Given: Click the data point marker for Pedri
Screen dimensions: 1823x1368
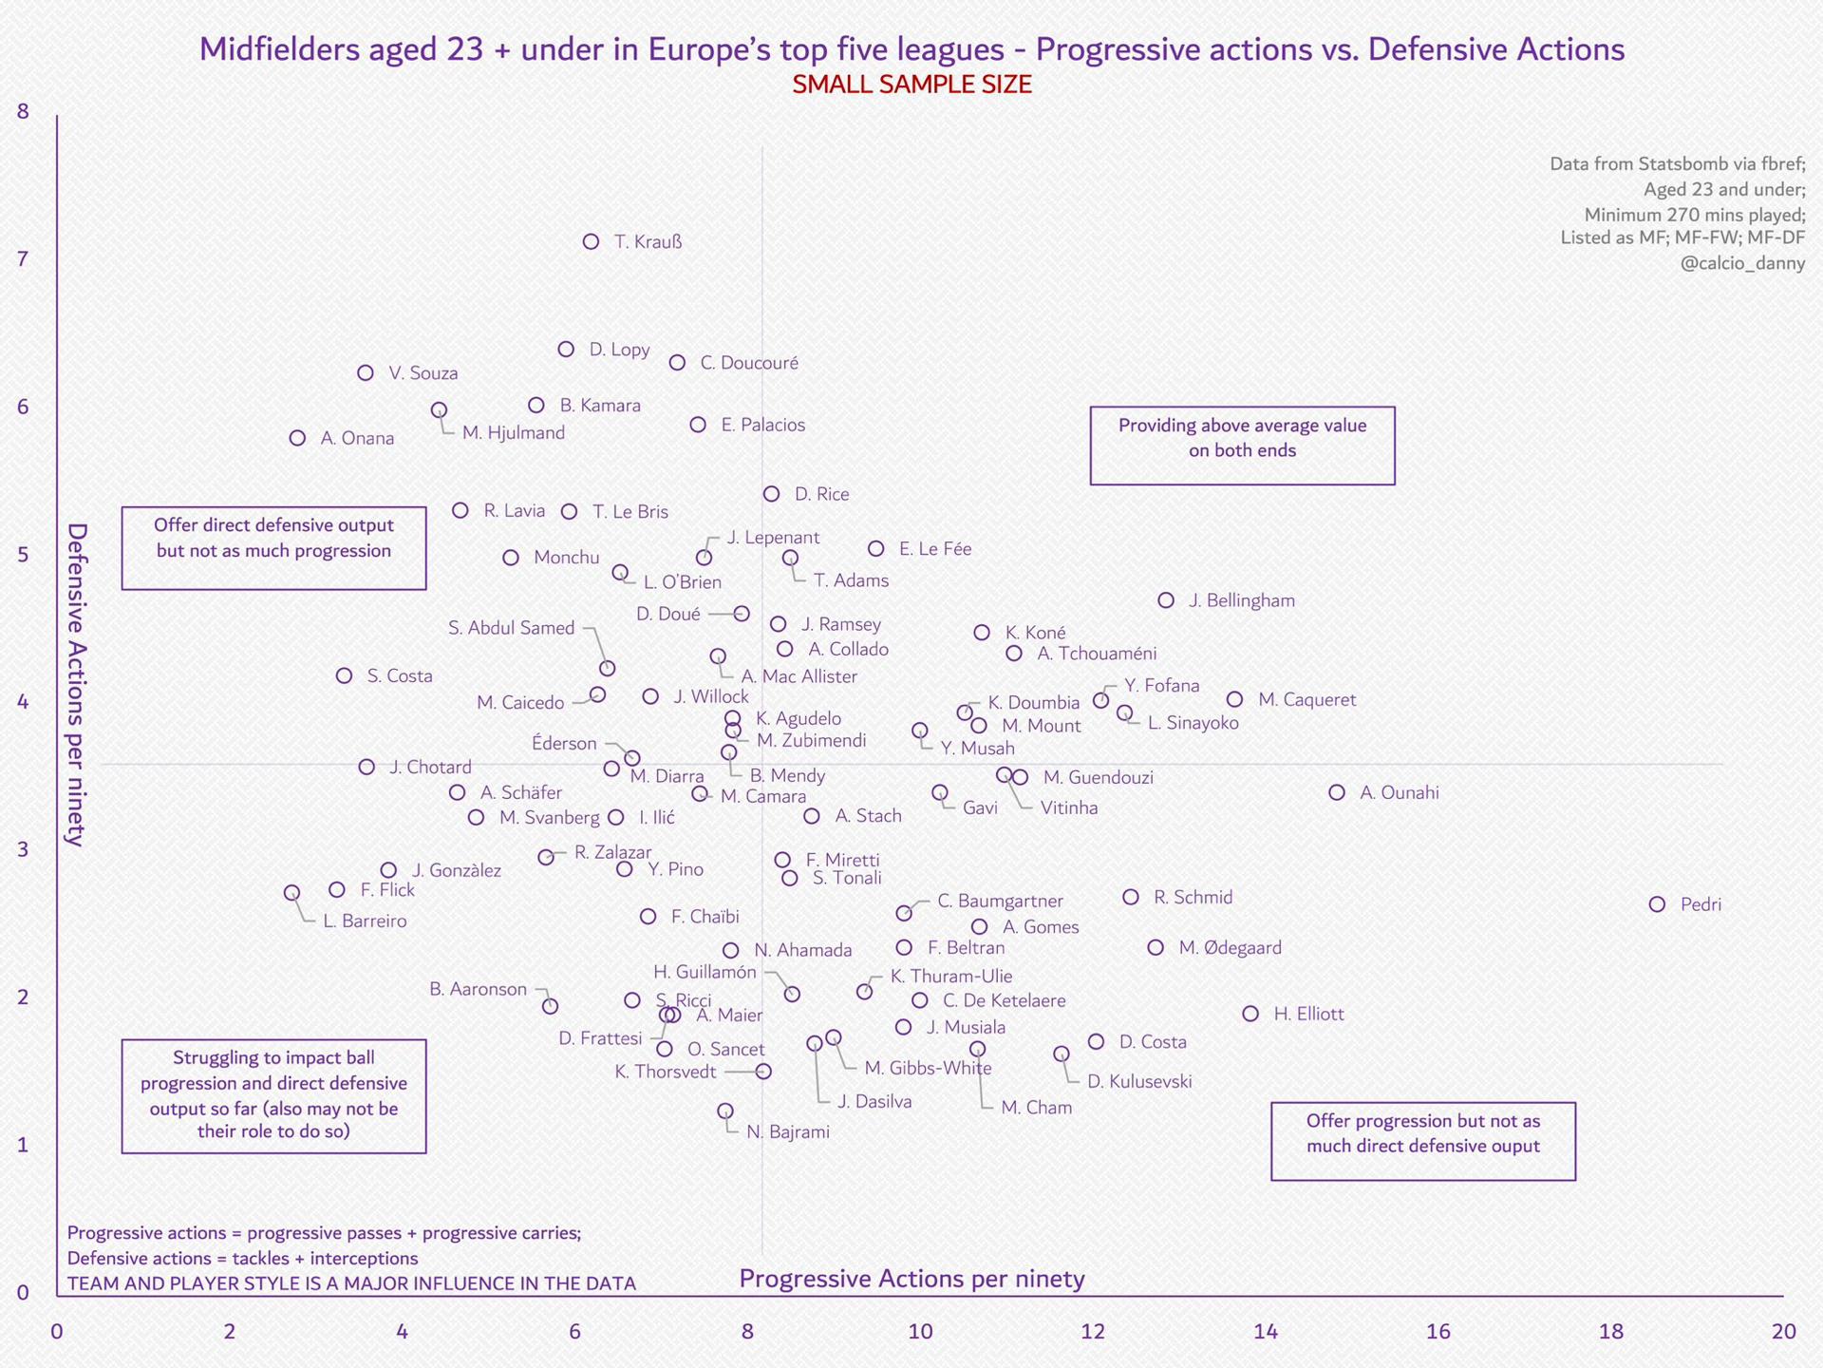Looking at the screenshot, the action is pyautogui.click(x=1657, y=904).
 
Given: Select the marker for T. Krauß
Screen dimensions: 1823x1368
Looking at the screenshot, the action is pyautogui.click(x=591, y=241).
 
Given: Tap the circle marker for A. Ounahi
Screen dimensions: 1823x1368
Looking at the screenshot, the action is pyautogui.click(x=1337, y=792).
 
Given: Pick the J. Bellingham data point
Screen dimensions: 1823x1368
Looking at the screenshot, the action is pyautogui.click(x=1166, y=600).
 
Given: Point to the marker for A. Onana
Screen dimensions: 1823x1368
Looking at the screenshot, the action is pyautogui.click(x=297, y=438).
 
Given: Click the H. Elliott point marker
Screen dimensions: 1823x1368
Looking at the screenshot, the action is pyautogui.click(x=1250, y=1014).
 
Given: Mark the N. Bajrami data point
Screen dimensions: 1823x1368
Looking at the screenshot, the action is pyautogui.click(x=724, y=1111).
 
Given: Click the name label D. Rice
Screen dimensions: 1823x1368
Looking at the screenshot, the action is pyautogui.click(x=822, y=494).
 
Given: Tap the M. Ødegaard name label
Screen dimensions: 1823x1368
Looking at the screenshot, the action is pyautogui.click(x=1231, y=947).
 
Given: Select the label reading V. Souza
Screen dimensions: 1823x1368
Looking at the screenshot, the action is pyautogui.click(x=423, y=373).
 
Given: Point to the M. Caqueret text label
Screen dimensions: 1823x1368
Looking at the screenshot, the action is pyautogui.click(x=1307, y=700).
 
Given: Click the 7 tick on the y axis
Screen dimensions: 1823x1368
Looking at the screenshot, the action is pyautogui.click(x=23, y=258).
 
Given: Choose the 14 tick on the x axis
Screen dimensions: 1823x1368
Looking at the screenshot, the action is pyautogui.click(x=1266, y=1331).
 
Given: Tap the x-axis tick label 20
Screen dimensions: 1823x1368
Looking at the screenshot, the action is pyautogui.click(x=1784, y=1331).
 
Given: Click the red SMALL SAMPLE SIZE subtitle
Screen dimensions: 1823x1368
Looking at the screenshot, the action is pyautogui.click(x=911, y=85).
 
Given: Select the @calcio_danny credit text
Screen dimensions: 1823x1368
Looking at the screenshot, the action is pyautogui.click(x=1743, y=263).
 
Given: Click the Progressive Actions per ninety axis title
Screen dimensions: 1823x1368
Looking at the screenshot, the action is pyautogui.click(x=911, y=1279).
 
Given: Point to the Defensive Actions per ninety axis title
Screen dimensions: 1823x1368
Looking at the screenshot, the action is pyautogui.click(x=77, y=684).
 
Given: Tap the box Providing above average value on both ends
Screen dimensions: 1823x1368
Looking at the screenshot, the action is pyautogui.click(x=1242, y=446).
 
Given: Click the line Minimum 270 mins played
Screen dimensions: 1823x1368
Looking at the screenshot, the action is pyautogui.click(x=1695, y=215).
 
